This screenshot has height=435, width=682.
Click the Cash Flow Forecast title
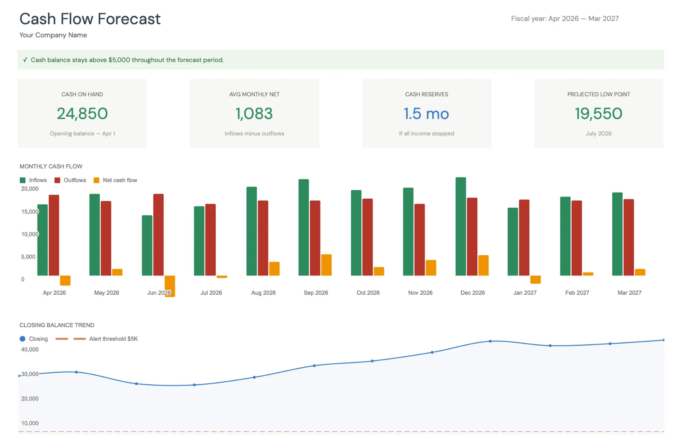click(x=90, y=19)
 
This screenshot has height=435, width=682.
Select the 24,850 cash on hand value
click(x=82, y=113)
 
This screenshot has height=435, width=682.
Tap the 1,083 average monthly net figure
click(x=254, y=113)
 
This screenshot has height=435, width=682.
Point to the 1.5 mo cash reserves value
click(x=426, y=113)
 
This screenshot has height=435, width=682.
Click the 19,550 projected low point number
click(x=598, y=113)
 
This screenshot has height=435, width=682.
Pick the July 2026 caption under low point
click(x=598, y=133)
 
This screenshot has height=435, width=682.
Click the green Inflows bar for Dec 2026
click(x=460, y=226)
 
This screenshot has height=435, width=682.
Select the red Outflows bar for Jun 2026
click(x=158, y=235)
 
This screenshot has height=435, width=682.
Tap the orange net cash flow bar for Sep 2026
click(x=326, y=265)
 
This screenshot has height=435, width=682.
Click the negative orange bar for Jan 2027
click(x=535, y=279)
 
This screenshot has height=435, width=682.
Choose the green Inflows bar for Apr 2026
click(x=42, y=240)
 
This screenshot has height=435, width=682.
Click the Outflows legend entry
click(x=70, y=180)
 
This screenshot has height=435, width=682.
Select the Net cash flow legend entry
click(x=116, y=180)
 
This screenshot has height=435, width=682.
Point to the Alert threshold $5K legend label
click(x=113, y=339)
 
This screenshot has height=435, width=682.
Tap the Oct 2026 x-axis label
click(x=368, y=293)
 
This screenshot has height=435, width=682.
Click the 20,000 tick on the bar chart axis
click(x=30, y=189)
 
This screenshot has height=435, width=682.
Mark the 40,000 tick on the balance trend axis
click(x=30, y=350)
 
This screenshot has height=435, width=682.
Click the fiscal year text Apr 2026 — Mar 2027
click(x=565, y=19)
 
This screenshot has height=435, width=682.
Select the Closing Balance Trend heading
click(x=57, y=325)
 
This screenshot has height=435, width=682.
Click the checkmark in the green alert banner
click(x=25, y=60)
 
